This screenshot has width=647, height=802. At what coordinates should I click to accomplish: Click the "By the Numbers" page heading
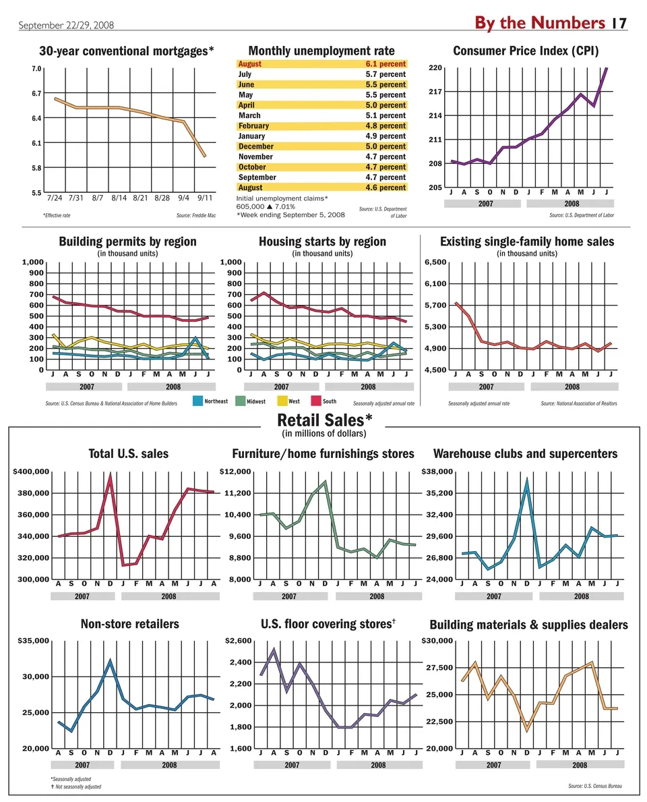tap(539, 23)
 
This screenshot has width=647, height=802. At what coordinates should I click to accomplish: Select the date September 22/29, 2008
tap(66, 25)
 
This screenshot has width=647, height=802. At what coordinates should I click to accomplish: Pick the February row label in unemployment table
tap(253, 125)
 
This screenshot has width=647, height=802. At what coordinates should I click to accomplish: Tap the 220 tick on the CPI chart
tap(435, 67)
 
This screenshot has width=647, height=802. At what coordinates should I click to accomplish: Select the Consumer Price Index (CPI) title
tap(526, 51)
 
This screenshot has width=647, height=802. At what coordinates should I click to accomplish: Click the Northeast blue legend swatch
tap(198, 401)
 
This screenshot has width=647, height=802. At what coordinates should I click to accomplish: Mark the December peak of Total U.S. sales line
tap(111, 477)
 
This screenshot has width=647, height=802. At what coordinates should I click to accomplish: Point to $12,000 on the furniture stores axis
tap(236, 471)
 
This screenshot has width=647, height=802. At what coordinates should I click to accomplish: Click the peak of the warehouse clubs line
tap(527, 480)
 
